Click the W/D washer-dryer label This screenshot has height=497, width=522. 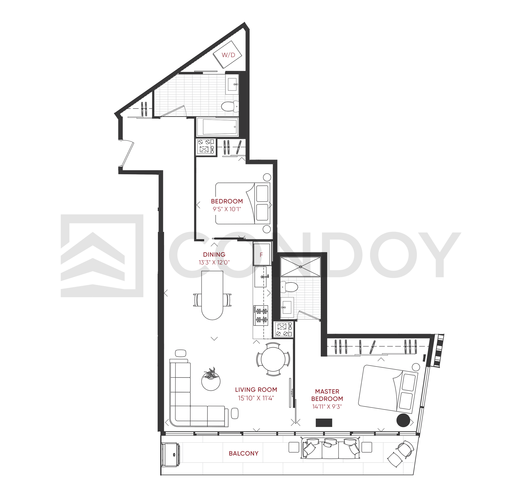(228, 55)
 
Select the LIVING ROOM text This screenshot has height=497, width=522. (256, 389)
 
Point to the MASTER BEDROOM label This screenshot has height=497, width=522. (327, 395)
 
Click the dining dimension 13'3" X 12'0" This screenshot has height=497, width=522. (214, 262)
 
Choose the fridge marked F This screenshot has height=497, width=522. (262, 255)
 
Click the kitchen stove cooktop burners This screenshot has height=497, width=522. (261, 315)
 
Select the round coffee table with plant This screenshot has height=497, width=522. (211, 380)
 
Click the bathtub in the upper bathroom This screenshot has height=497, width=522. (219, 127)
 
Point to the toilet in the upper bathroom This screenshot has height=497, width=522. (230, 107)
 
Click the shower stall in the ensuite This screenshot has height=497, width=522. (300, 267)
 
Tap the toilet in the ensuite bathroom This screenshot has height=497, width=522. (289, 287)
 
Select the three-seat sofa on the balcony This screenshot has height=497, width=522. (330, 448)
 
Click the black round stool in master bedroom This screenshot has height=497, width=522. (403, 420)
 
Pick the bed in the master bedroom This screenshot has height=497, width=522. (388, 389)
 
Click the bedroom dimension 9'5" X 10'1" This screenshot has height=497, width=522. (227, 209)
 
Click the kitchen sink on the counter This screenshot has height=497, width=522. (261, 277)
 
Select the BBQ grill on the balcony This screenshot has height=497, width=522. (171, 455)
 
